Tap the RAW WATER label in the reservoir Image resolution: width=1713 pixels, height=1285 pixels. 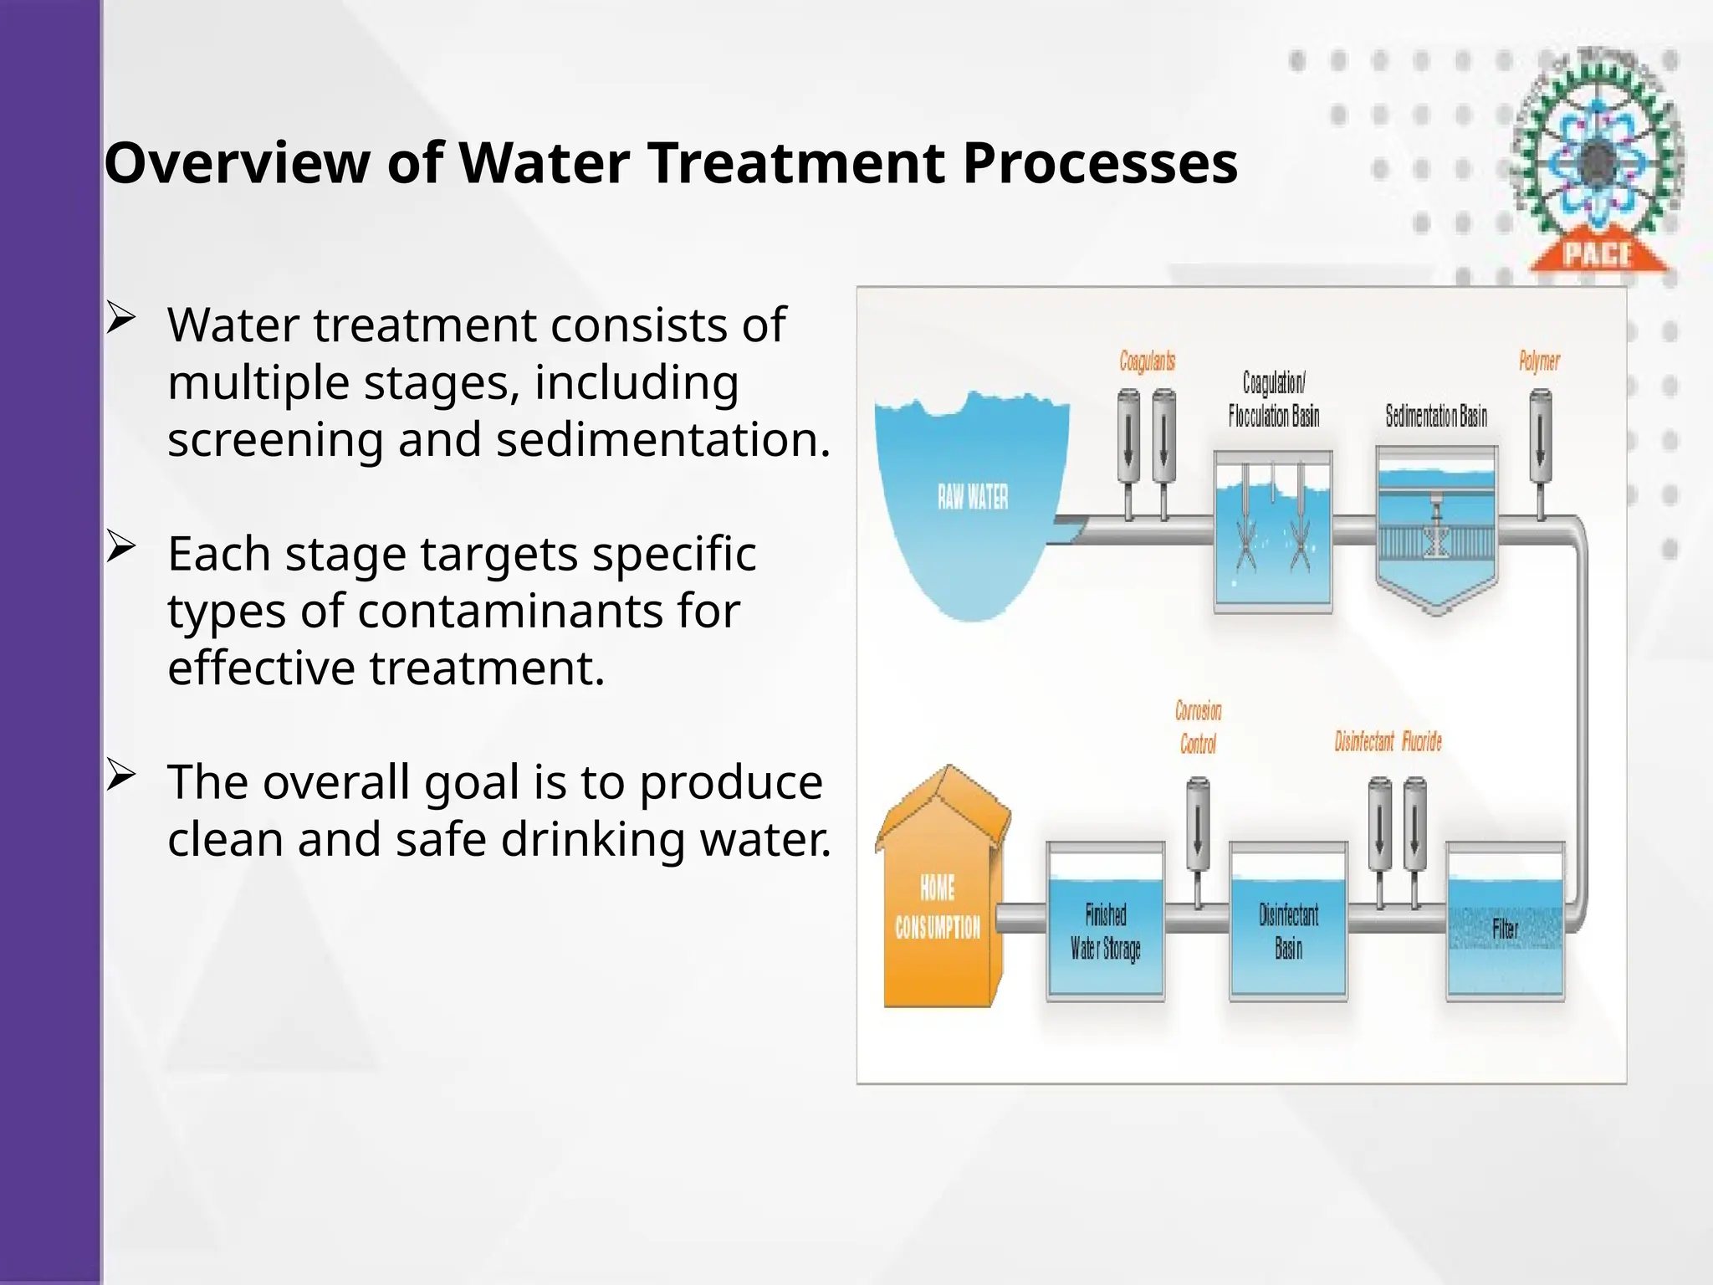(x=972, y=497)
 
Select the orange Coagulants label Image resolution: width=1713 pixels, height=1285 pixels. (x=1147, y=361)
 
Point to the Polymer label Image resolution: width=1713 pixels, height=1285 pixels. (x=1539, y=361)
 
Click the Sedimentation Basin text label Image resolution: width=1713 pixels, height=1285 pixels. (x=1436, y=416)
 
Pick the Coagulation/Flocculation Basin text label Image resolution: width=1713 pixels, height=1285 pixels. (x=1273, y=399)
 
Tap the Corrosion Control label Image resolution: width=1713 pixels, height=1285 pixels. (x=1198, y=727)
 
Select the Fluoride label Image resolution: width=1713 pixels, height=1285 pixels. (x=1422, y=741)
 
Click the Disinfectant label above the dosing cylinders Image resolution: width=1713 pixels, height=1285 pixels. (x=1363, y=741)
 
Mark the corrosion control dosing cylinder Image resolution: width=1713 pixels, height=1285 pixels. (x=1198, y=824)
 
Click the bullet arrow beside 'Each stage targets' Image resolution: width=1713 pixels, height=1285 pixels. (x=121, y=547)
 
